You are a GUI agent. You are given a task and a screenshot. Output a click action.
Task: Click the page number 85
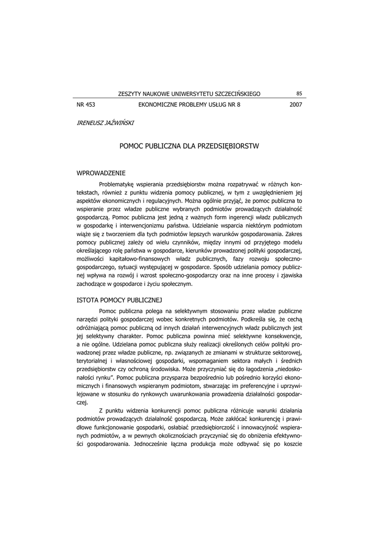299,94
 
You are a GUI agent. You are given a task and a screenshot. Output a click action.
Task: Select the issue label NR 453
86,105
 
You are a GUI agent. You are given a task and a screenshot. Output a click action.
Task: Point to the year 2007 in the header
296,105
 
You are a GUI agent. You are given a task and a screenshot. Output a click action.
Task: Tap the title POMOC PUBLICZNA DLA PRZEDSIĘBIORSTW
189,146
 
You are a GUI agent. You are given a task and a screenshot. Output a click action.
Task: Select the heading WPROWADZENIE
101,173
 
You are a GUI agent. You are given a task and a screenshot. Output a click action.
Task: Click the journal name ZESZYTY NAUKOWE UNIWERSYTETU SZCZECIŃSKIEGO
189,94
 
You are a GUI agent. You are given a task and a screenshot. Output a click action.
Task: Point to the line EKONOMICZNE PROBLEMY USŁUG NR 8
189,105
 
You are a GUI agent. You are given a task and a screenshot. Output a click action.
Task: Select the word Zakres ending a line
294,234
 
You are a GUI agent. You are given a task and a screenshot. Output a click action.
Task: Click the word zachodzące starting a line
93,284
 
